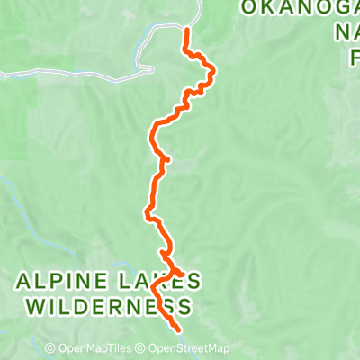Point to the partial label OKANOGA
point(300,8)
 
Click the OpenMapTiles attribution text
point(95,348)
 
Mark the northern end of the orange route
point(186,31)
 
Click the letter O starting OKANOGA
point(248,8)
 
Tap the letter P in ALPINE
point(57,283)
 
